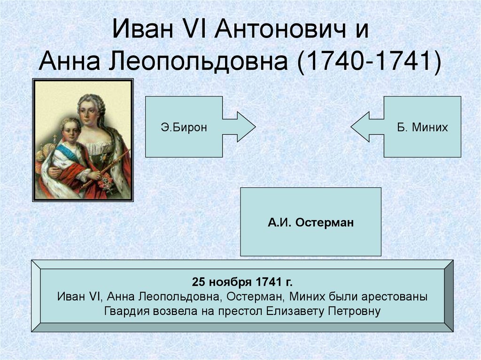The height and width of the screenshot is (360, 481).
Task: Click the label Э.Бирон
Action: pos(184,127)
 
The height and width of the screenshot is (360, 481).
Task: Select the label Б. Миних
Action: pos(422,127)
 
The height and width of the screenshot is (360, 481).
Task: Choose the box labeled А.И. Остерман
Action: pos(310,222)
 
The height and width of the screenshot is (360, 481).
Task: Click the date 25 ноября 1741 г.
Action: pos(242,282)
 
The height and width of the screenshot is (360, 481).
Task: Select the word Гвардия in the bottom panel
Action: pos(124,311)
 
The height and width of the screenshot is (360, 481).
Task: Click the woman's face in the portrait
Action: pos(88,112)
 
